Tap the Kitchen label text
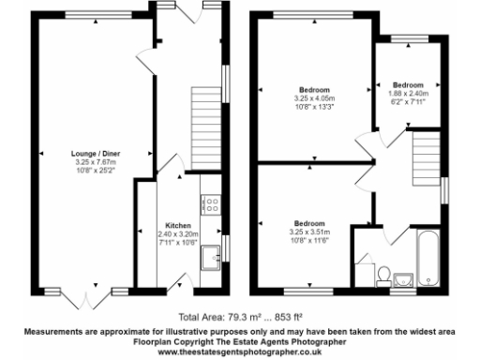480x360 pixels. [178, 226]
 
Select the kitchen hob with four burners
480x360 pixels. [211, 201]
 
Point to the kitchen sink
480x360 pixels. [212, 250]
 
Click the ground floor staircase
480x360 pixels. [204, 113]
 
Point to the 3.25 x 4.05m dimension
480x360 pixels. [314, 98]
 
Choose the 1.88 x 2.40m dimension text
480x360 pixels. [408, 93]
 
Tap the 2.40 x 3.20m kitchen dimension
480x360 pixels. [178, 234]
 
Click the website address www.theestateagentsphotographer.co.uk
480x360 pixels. [240, 351]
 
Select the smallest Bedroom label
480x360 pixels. [408, 84]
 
